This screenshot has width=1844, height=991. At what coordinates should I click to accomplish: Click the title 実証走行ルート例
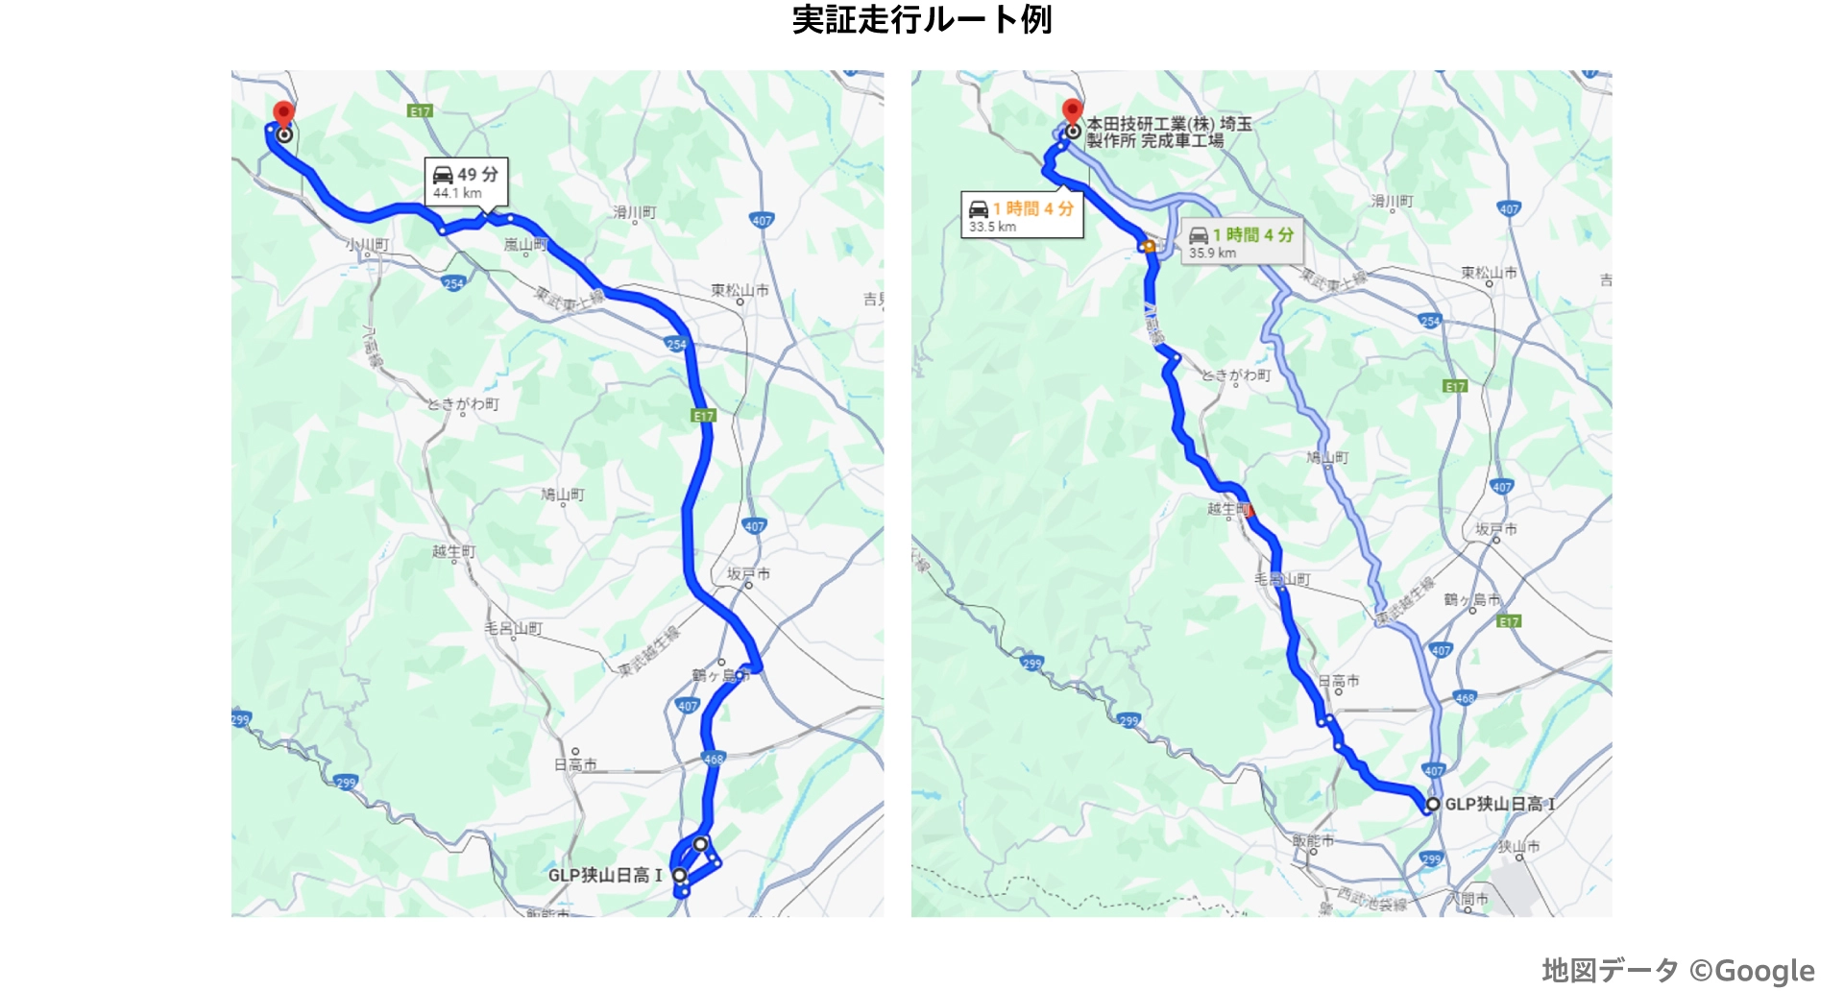pyautogui.click(x=921, y=19)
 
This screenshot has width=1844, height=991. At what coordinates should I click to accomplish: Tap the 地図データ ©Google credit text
pyautogui.click(x=1678, y=970)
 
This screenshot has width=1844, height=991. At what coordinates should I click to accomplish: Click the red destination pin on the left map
pyautogui.click(x=283, y=113)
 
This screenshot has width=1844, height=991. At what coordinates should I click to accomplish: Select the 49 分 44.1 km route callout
pyautogui.click(x=467, y=181)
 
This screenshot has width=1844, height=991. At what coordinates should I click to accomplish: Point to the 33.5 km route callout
pyautogui.click(x=1022, y=215)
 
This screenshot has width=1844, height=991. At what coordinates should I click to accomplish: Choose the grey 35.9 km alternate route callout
pyautogui.click(x=1242, y=242)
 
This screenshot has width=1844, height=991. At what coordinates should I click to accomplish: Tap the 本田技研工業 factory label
pyautogui.click(x=1168, y=132)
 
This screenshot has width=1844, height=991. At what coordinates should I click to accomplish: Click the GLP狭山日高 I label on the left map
pyautogui.click(x=605, y=875)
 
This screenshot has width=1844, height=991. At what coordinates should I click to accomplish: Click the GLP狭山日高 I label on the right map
pyautogui.click(x=1499, y=804)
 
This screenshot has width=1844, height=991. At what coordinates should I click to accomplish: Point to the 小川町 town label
pyautogui.click(x=368, y=245)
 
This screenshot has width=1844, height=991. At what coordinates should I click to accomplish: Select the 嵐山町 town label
pyautogui.click(x=525, y=245)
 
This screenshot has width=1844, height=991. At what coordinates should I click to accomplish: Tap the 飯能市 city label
pyautogui.click(x=1313, y=840)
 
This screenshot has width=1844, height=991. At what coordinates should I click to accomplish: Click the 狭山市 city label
pyautogui.click(x=1518, y=846)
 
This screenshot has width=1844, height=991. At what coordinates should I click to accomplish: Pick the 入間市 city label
pyautogui.click(x=1468, y=899)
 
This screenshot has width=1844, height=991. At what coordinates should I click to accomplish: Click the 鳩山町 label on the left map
pyautogui.click(x=563, y=495)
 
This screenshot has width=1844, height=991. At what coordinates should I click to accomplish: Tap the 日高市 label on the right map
pyautogui.click(x=1339, y=681)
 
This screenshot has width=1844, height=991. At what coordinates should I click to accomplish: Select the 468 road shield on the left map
pyautogui.click(x=714, y=759)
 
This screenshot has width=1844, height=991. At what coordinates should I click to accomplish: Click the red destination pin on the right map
pyautogui.click(x=1072, y=110)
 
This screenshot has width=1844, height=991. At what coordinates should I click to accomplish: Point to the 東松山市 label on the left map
pyautogui.click(x=740, y=290)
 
